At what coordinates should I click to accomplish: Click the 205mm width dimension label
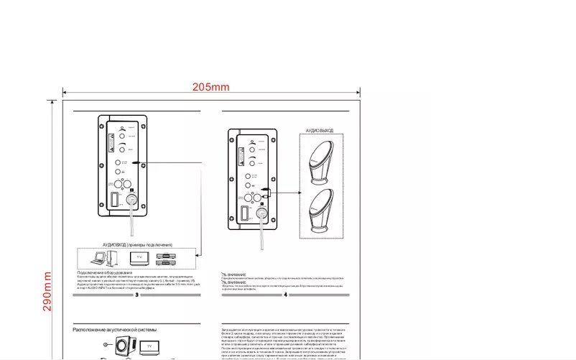click(x=210, y=87)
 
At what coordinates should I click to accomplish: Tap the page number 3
click(x=136, y=295)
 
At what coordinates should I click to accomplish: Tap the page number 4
click(x=285, y=295)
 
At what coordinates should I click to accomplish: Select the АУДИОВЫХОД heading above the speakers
click(x=320, y=131)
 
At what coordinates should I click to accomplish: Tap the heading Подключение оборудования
click(x=105, y=272)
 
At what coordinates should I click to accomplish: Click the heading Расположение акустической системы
click(x=114, y=329)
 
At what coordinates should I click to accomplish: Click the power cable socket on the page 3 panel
click(x=132, y=201)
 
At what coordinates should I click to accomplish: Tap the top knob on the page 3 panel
click(x=123, y=134)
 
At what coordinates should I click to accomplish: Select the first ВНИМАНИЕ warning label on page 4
click(x=235, y=274)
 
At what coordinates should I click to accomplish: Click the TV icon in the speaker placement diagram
click(x=150, y=347)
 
